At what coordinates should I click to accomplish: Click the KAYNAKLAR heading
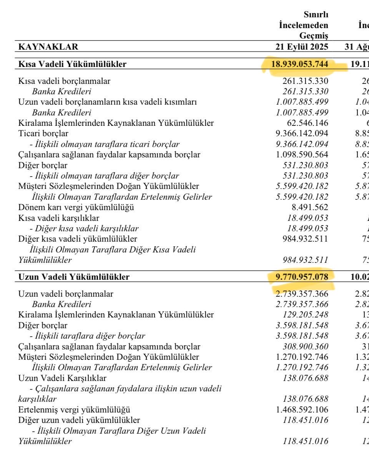pyautogui.click(x=48, y=47)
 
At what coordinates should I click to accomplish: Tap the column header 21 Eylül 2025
pyautogui.click(x=299, y=47)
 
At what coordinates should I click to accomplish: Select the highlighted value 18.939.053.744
pyautogui.click(x=300, y=65)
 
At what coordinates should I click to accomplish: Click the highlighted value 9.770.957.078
pyautogui.click(x=303, y=277)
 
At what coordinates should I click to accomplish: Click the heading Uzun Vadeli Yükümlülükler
pyautogui.click(x=74, y=277)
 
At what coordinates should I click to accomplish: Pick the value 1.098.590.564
pyautogui.click(x=303, y=155)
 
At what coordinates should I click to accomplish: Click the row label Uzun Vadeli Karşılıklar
pyautogui.click(x=63, y=378)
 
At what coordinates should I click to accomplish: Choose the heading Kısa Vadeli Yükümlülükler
pyautogui.click(x=72, y=65)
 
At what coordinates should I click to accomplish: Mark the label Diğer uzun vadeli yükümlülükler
pyautogui.click(x=79, y=420)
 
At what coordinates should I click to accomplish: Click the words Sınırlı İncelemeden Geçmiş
pyautogui.click(x=304, y=25)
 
